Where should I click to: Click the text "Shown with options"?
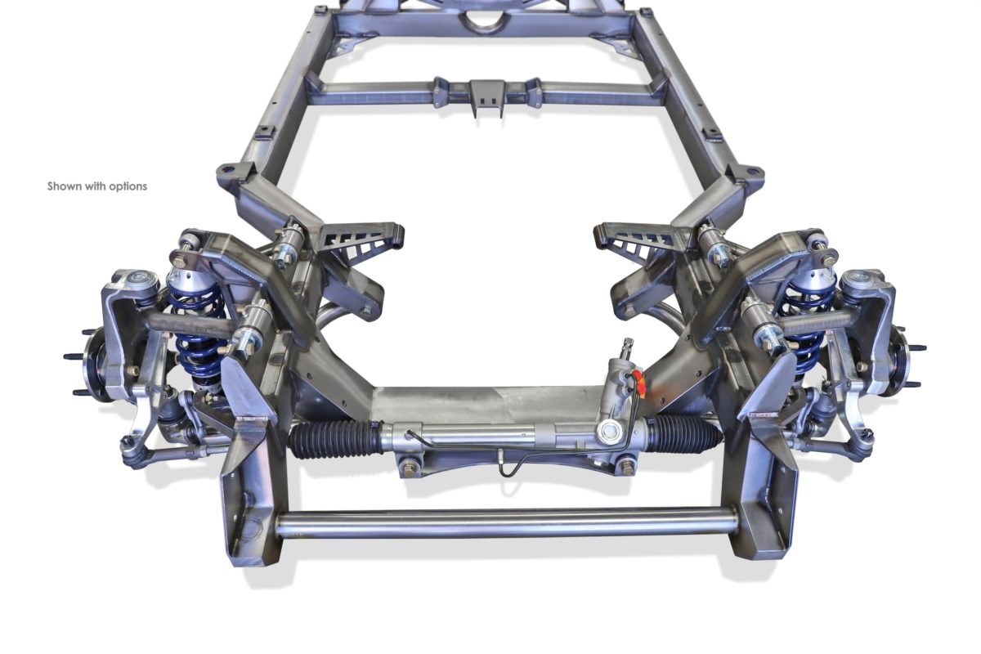point(97,186)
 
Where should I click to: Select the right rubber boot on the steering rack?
point(685,433)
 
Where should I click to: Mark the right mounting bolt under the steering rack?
point(626,467)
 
